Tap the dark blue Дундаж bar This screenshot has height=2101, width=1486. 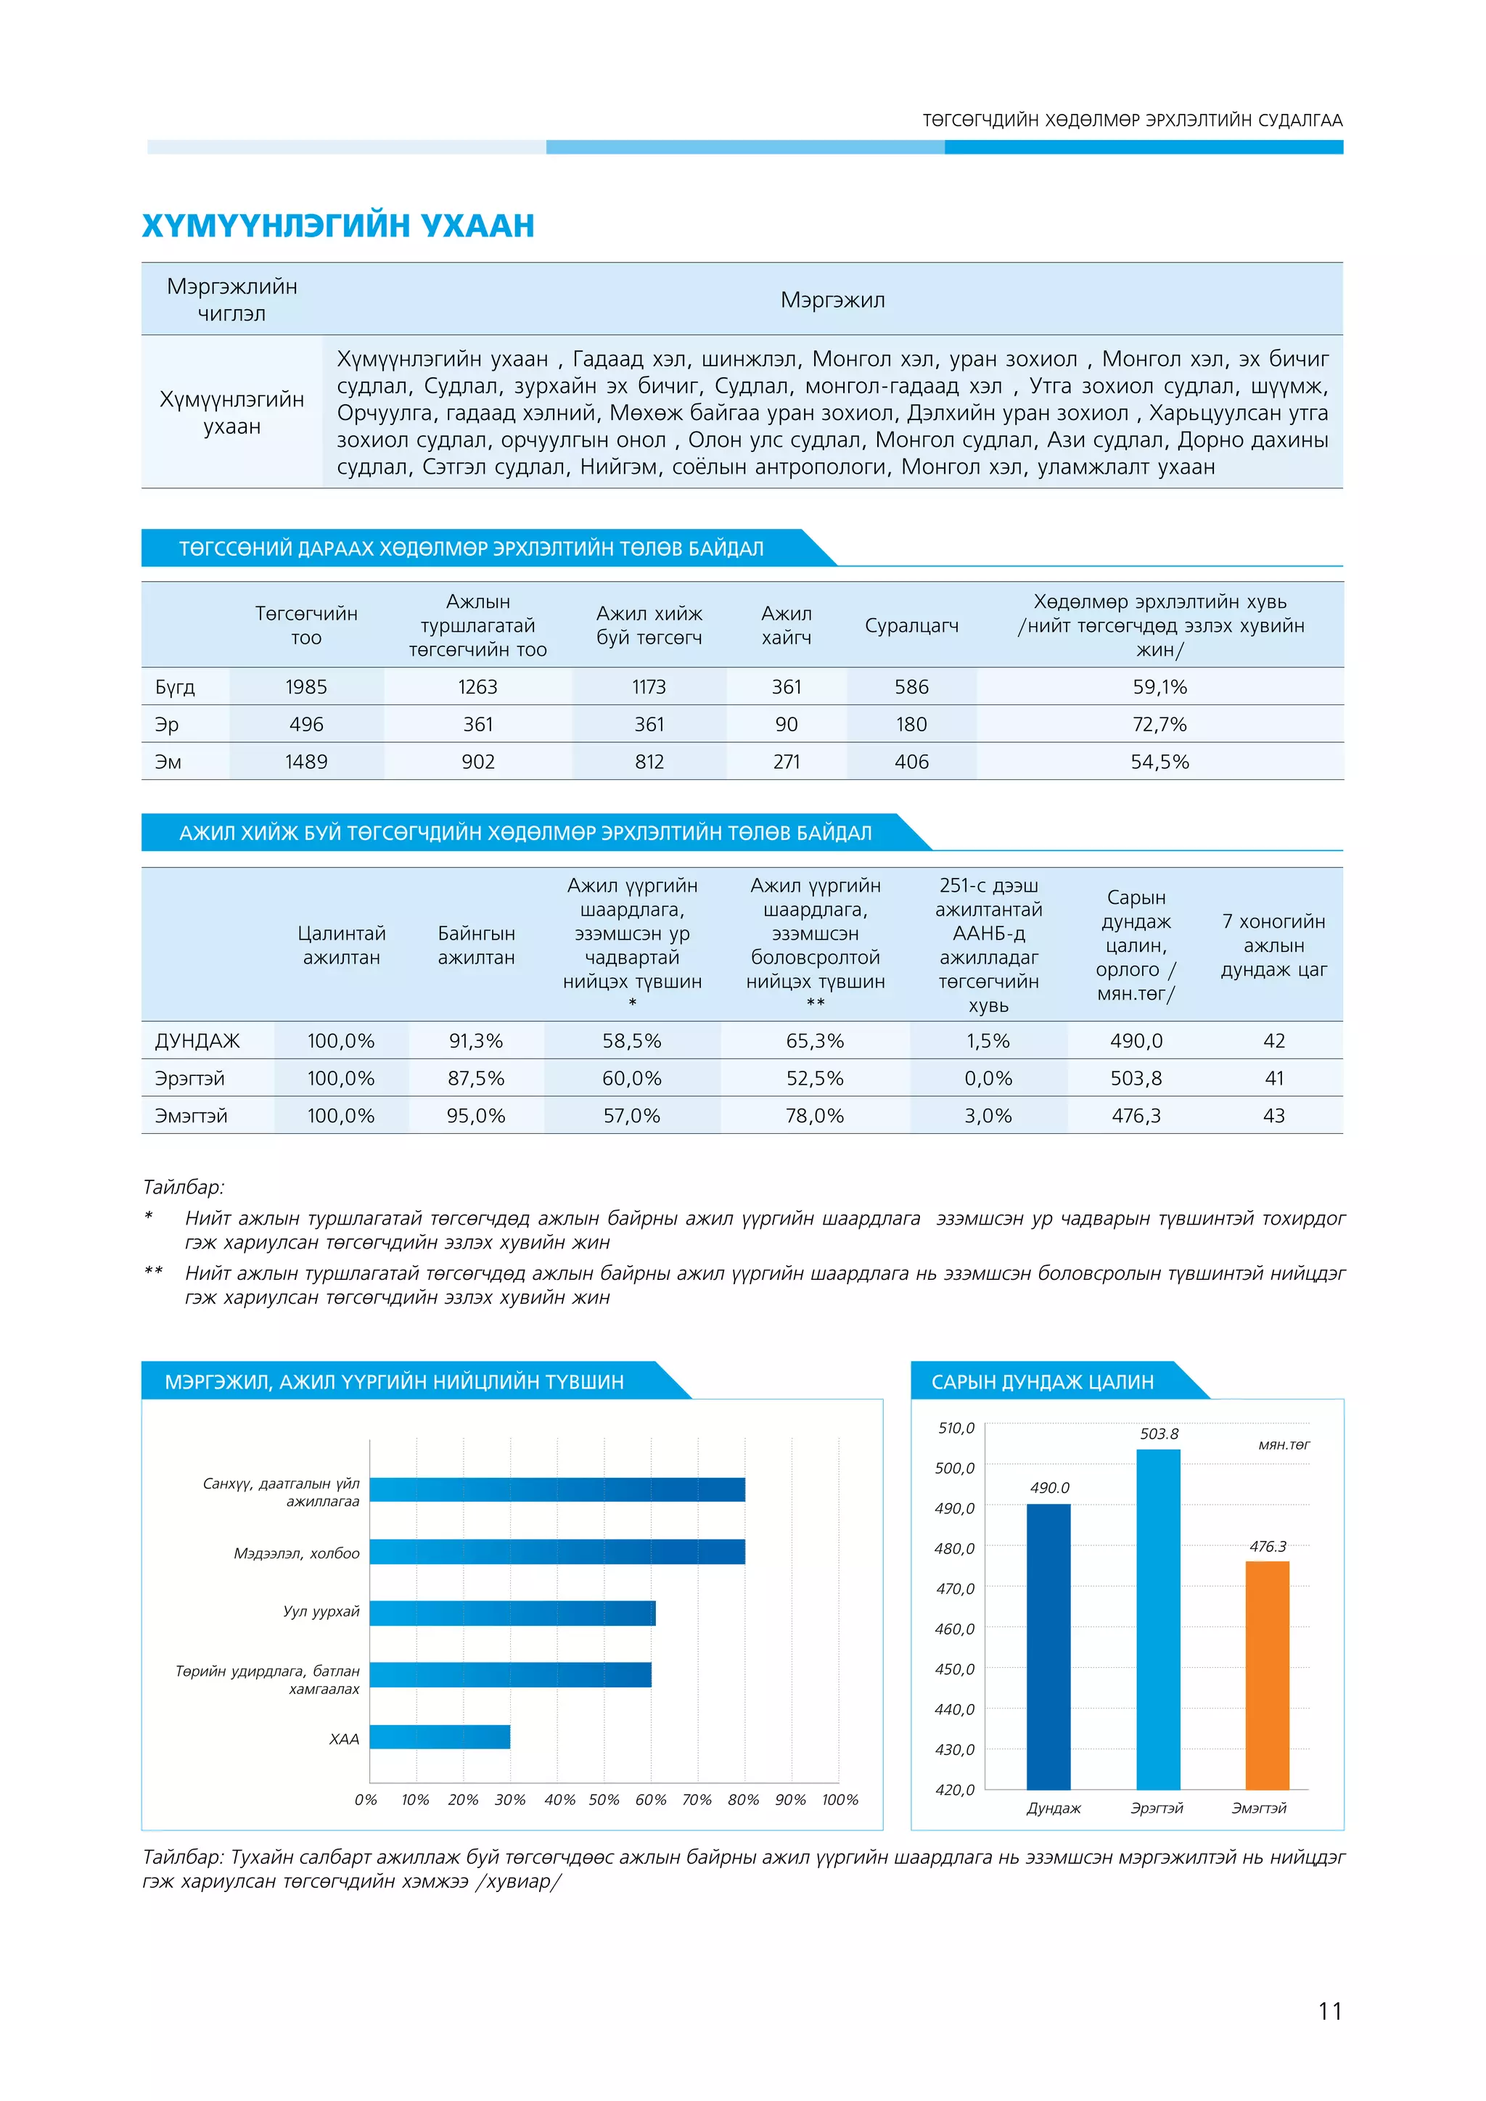[1048, 1647]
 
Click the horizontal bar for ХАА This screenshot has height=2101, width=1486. [439, 1736]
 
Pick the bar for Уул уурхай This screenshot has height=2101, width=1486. [512, 1612]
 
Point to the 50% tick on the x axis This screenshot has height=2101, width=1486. [604, 1800]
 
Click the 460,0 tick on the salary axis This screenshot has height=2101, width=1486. [954, 1629]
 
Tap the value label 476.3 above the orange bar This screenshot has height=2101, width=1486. [1268, 1547]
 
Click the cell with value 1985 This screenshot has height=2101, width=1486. [305, 686]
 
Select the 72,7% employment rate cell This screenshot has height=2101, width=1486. [1159, 724]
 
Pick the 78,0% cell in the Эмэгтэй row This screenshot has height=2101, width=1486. [814, 1116]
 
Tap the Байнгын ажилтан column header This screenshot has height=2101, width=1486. [476, 945]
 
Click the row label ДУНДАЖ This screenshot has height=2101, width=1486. [197, 1040]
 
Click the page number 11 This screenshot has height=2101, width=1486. [1329, 2011]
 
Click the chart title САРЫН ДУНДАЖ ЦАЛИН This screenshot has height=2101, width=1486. [1042, 1382]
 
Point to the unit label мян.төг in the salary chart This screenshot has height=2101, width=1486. [1283, 1445]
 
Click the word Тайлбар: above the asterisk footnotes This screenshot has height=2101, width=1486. [183, 1187]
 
